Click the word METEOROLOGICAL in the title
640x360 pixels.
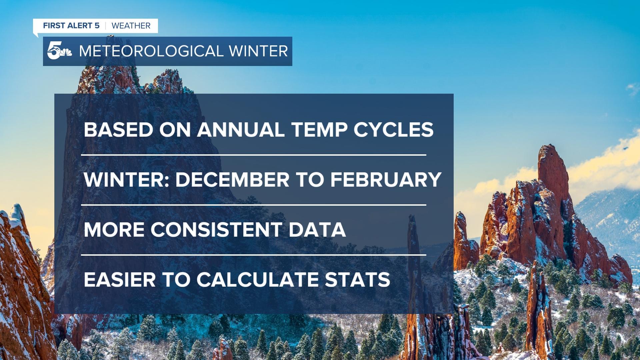[151, 51]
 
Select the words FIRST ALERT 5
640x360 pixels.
[71, 26]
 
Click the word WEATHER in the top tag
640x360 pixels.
[131, 26]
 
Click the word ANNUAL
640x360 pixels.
[241, 130]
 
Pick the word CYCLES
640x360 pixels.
[393, 130]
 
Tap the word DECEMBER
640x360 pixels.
[232, 180]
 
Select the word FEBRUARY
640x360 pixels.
[386, 180]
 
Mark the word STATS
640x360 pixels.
[357, 280]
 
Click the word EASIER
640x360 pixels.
[120, 280]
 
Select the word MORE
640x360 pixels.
[114, 230]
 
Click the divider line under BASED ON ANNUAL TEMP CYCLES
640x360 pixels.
[254, 155]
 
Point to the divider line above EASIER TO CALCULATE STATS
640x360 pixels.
[254, 255]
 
